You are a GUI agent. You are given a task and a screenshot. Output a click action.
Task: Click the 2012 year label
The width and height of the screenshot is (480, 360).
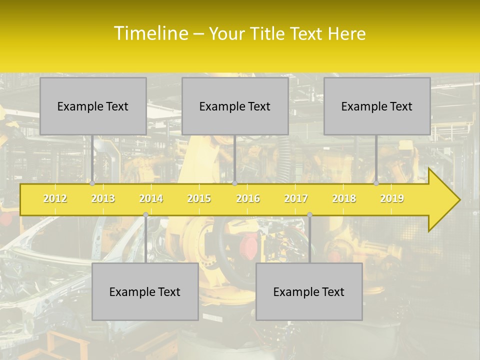[55, 198]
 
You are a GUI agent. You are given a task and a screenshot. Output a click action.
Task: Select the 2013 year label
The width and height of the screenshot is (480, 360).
[103, 198]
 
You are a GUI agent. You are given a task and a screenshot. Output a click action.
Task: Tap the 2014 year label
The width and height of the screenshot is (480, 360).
[151, 198]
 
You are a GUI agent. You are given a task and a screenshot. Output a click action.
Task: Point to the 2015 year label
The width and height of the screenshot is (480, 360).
[199, 198]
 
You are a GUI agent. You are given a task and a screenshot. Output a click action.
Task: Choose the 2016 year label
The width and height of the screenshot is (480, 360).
[248, 198]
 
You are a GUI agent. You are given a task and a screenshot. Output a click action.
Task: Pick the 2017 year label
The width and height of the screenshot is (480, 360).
[296, 198]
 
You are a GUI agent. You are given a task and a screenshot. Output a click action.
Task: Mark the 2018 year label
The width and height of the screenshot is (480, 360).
[344, 198]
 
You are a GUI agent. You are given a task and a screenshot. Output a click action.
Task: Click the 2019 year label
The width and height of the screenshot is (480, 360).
[392, 198]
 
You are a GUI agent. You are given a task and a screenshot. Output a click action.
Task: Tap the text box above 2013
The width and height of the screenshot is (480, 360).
[93, 106]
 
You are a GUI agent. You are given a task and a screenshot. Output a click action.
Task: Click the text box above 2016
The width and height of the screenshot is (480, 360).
[235, 106]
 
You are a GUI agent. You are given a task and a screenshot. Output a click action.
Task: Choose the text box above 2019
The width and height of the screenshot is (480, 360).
[377, 106]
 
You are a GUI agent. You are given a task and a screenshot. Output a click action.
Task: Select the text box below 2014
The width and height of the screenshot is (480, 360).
[145, 291]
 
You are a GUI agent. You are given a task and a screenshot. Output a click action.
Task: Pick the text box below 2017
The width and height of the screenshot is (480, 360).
[309, 291]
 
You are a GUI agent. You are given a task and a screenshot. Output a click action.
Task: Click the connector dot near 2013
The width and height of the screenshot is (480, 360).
[92, 183]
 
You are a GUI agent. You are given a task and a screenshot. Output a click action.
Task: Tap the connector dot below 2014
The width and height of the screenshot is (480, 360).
[145, 215]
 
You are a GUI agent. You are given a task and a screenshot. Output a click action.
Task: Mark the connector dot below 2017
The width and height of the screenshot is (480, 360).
[309, 215]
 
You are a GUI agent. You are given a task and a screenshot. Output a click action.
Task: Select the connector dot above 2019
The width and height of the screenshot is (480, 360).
[376, 183]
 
